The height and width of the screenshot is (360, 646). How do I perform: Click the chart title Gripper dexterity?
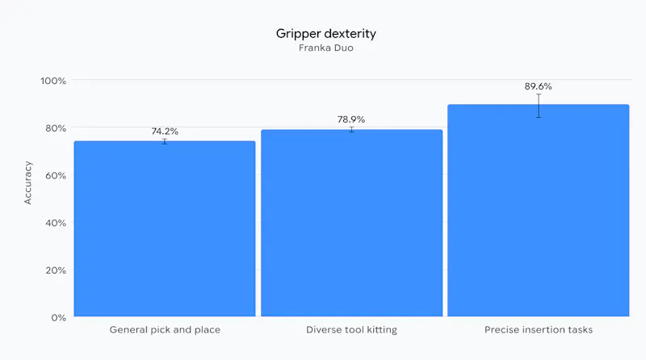(326, 34)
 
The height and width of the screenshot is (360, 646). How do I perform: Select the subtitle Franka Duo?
(326, 48)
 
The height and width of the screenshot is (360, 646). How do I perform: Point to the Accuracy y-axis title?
(27, 183)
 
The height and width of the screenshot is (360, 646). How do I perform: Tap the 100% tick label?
(53, 81)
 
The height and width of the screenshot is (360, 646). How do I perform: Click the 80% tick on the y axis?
(56, 128)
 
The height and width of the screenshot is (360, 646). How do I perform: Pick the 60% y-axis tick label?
(56, 175)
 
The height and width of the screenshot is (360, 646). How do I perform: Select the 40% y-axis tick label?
(56, 223)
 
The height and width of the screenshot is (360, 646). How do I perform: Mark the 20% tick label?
(56, 270)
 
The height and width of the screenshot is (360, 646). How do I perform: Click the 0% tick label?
(58, 317)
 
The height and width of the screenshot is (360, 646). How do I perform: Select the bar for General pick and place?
(165, 228)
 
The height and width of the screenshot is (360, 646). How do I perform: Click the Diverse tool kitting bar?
(352, 223)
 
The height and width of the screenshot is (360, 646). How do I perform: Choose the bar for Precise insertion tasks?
(539, 211)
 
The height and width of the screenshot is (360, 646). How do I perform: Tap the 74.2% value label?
(165, 132)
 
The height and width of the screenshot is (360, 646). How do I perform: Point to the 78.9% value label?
(351, 119)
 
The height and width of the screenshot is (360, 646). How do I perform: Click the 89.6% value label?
(538, 86)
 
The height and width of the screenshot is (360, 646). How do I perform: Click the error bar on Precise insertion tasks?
(539, 106)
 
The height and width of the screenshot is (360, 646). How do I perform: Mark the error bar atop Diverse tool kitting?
(352, 130)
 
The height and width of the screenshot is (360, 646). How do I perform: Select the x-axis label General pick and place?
(165, 330)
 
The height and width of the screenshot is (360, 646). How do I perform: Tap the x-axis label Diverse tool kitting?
(352, 330)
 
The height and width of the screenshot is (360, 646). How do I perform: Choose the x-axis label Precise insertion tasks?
(539, 330)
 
